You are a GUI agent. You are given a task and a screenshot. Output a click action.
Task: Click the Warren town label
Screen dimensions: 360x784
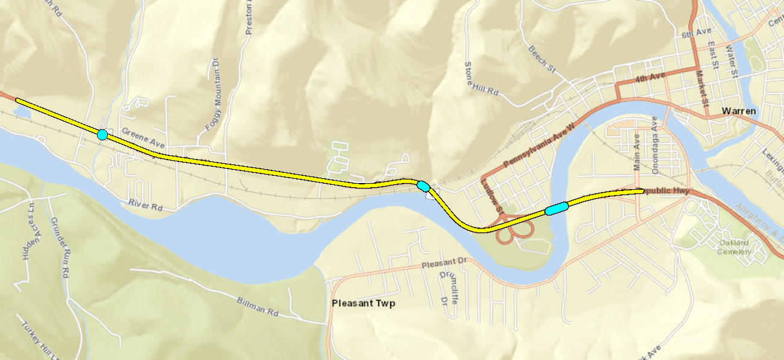738,111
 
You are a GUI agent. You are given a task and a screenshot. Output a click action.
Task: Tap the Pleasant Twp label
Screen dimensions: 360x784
363,303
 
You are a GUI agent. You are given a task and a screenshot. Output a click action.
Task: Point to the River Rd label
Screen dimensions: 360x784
146,205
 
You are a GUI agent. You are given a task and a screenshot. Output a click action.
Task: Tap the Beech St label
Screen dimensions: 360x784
541,59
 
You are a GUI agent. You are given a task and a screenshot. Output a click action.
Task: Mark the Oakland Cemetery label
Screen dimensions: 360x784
733,247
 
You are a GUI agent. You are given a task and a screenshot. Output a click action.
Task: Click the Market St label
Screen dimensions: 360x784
701,88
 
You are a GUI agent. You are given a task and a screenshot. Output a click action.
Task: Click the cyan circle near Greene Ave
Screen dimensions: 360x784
102,134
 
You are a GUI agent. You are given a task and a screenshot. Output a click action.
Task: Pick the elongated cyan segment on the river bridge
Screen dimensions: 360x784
556,208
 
